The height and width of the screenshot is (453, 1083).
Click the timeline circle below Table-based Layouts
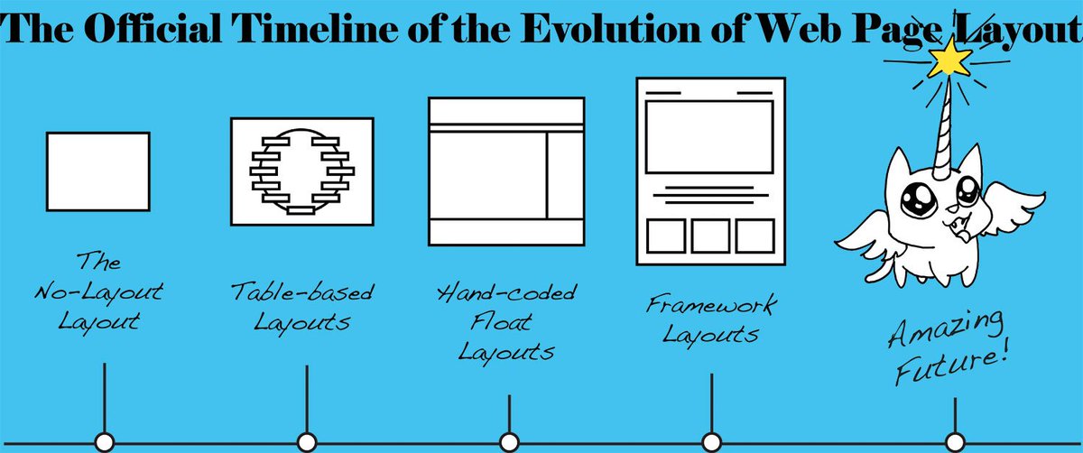307,441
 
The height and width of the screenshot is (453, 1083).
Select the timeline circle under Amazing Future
955,441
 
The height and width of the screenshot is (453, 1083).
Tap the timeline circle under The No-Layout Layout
105,441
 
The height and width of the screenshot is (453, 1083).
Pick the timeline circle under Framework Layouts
711,441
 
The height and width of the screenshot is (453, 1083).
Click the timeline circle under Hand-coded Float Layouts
509,441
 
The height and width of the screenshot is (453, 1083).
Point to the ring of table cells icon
301,171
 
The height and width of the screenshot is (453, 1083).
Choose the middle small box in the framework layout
710,236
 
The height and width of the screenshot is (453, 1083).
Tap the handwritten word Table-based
301,292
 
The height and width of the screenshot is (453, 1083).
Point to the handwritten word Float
506,321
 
